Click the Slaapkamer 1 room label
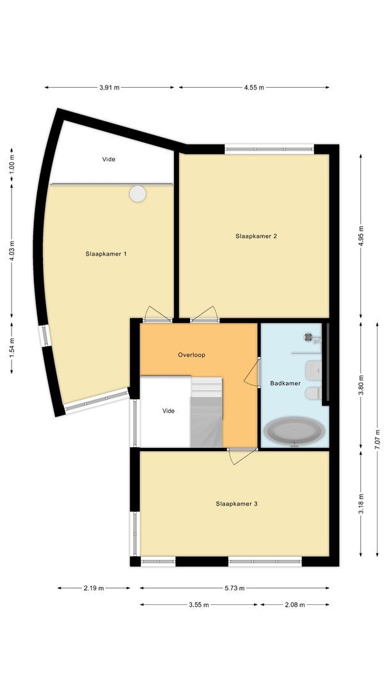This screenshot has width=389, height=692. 106,254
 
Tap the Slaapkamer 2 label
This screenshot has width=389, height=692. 256,236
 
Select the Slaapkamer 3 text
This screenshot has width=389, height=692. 236,504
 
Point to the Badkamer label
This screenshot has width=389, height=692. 285,383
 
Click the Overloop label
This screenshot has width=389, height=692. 191,354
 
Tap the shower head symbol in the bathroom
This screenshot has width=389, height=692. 310,336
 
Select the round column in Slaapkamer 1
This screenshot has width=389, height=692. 138,194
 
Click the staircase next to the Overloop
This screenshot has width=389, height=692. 207,412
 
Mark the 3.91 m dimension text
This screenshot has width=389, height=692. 109,88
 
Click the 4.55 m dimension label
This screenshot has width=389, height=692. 254,88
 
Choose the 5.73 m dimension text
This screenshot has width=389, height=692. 234,588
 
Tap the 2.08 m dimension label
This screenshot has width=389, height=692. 294,604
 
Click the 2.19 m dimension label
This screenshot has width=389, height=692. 94,588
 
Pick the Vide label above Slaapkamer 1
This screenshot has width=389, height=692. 109,159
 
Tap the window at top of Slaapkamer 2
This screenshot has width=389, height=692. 269,150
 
